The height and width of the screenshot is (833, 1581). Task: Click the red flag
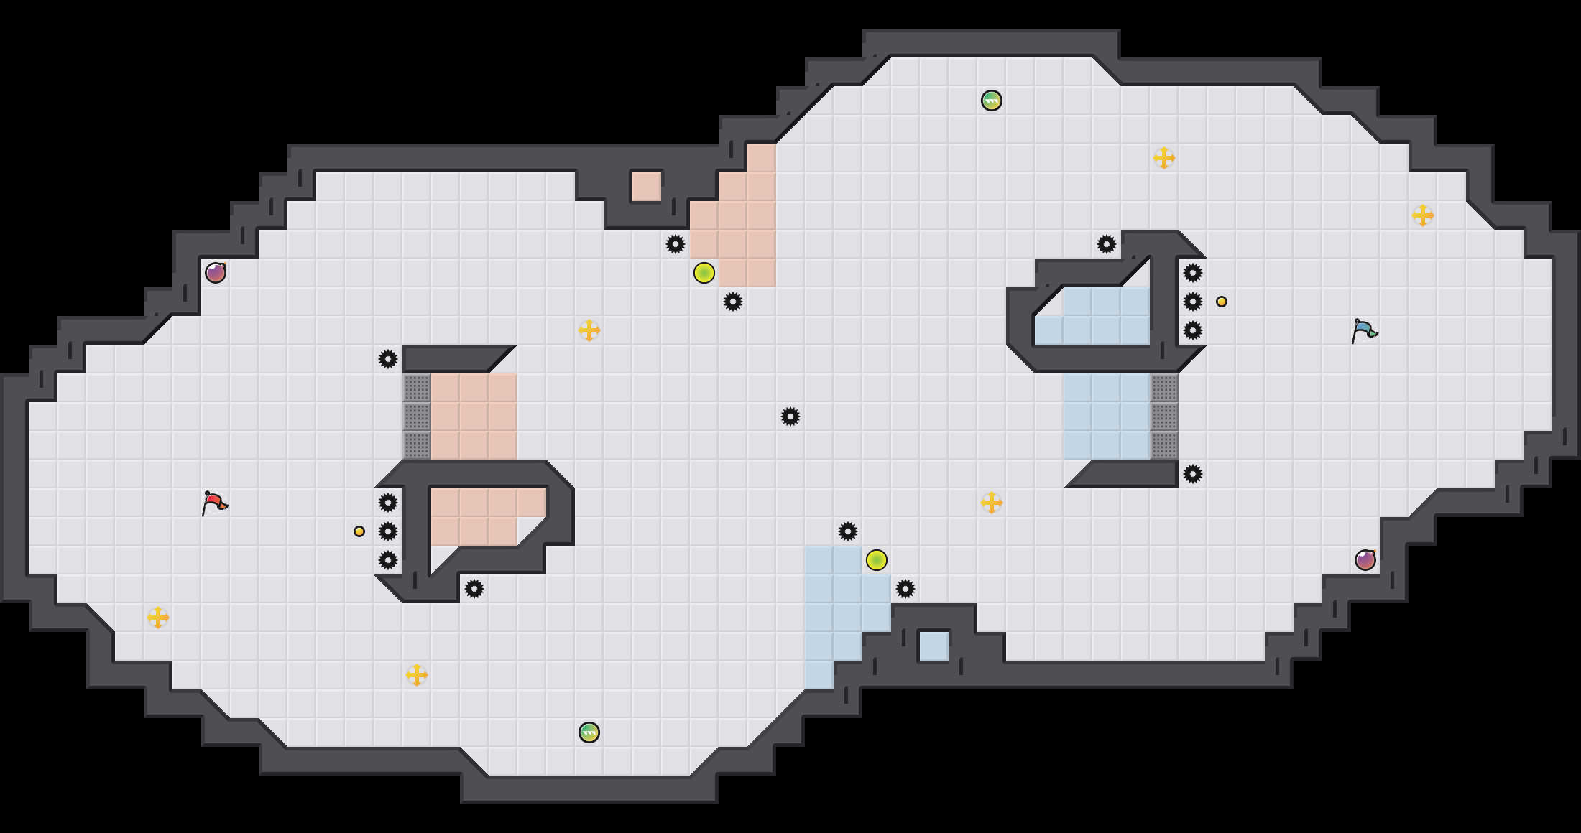(x=214, y=503)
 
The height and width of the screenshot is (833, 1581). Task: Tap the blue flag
(x=1364, y=330)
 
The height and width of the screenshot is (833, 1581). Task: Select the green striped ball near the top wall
(x=992, y=101)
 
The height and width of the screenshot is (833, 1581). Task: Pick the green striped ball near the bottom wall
(x=589, y=732)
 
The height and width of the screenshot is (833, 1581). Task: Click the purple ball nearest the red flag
(x=216, y=273)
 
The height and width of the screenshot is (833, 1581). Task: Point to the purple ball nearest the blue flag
(x=1365, y=560)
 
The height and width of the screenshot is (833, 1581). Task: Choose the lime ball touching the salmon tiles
(x=704, y=273)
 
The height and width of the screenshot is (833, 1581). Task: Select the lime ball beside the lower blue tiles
(x=877, y=560)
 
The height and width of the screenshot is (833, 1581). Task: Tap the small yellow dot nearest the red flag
(x=359, y=531)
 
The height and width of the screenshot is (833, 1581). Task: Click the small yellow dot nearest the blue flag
(x=1222, y=302)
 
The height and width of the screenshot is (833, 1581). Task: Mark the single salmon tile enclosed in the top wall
(x=647, y=187)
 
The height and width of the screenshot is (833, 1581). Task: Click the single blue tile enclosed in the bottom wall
(x=934, y=646)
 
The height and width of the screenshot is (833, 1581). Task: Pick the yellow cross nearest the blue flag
(x=1423, y=215)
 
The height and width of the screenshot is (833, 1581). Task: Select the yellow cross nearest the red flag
(x=158, y=618)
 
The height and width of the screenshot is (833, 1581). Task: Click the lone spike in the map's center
(x=790, y=416)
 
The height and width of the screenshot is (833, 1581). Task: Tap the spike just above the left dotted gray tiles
(x=388, y=359)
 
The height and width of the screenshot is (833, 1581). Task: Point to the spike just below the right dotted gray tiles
(x=1193, y=474)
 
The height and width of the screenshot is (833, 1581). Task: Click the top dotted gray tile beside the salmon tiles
(x=417, y=388)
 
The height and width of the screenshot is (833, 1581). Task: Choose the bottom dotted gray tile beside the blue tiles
(x=1164, y=445)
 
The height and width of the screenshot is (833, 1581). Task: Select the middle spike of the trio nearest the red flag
(x=388, y=531)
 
